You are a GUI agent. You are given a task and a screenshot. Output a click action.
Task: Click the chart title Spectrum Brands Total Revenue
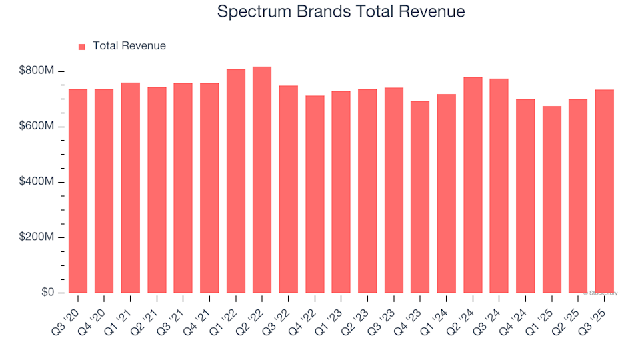341,12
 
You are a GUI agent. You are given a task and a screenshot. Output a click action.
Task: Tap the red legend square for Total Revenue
82,47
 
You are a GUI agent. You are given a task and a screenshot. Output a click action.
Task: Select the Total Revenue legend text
129,46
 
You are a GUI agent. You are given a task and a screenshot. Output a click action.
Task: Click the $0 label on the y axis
48,293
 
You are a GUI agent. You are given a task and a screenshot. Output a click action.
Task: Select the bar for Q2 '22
262,180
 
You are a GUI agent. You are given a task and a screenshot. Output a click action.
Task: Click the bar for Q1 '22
235,181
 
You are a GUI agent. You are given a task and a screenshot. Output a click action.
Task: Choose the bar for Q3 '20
78,191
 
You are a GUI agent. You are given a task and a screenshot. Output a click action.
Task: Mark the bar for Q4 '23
420,197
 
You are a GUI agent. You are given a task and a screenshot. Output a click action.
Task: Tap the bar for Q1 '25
552,200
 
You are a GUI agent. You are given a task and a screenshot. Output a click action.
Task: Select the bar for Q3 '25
605,191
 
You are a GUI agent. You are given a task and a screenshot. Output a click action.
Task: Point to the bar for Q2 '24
473,185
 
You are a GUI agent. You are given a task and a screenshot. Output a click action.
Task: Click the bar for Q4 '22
315,195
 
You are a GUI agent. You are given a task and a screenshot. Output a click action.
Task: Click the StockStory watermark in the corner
601,293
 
